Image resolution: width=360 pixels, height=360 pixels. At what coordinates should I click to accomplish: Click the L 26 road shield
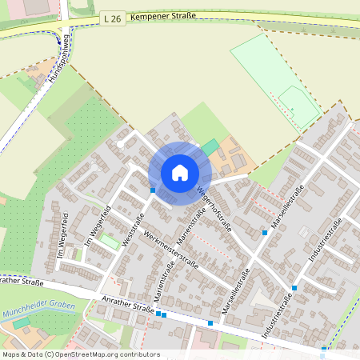pyautogui.click(x=113, y=17)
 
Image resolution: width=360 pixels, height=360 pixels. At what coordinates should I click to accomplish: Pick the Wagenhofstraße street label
pyautogui.click(x=214, y=210)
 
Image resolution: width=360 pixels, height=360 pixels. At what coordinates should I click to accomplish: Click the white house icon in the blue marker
pyautogui.click(x=180, y=172)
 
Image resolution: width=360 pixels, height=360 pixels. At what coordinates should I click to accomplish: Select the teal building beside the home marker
pyautogui.click(x=210, y=147)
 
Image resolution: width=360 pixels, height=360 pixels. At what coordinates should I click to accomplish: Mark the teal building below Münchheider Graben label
pyautogui.click(x=21, y=323)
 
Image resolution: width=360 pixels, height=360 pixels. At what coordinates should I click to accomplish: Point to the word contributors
pyautogui.click(x=140, y=354)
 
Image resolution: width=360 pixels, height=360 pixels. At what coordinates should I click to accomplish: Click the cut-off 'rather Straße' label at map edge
pyautogui.click(x=21, y=281)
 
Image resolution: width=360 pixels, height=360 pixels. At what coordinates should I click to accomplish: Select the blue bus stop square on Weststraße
pyautogui.click(x=153, y=190)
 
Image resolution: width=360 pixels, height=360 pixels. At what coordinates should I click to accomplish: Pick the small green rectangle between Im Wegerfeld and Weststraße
pyautogui.click(x=109, y=241)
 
